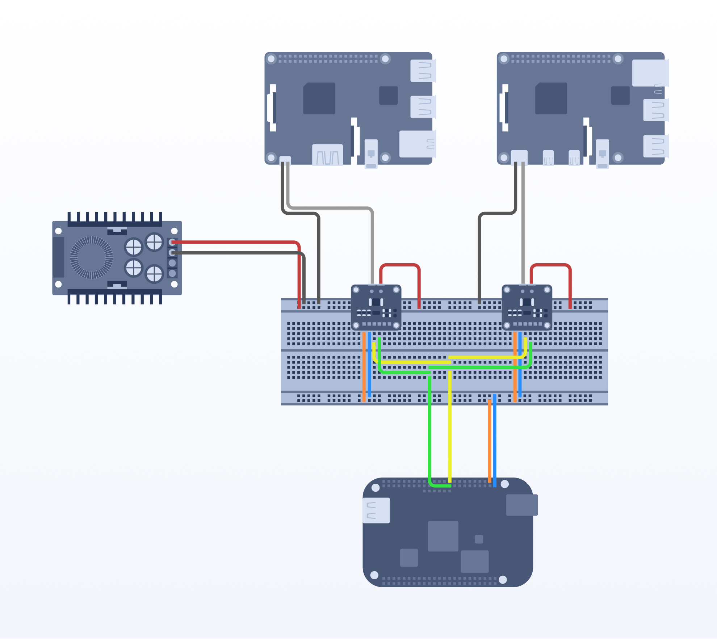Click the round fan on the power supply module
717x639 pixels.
(91, 257)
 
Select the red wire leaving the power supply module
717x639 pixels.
(235, 242)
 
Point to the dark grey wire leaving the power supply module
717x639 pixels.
(235, 253)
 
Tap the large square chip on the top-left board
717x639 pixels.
(319, 98)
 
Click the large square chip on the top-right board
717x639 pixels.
(551, 98)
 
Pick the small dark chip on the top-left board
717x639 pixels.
(388, 96)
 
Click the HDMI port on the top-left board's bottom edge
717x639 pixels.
(327, 155)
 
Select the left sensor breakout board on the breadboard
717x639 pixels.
(376, 307)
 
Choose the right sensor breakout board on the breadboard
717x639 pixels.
(527, 307)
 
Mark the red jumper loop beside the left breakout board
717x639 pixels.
(400, 265)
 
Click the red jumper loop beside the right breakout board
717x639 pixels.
(550, 265)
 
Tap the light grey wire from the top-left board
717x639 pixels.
(330, 208)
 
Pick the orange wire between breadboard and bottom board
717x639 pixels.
(490, 442)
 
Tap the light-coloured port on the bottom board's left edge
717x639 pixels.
(376, 510)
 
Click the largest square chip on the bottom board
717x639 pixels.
(443, 536)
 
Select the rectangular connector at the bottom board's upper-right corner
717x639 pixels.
(521, 505)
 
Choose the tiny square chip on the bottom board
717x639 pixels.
(479, 539)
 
